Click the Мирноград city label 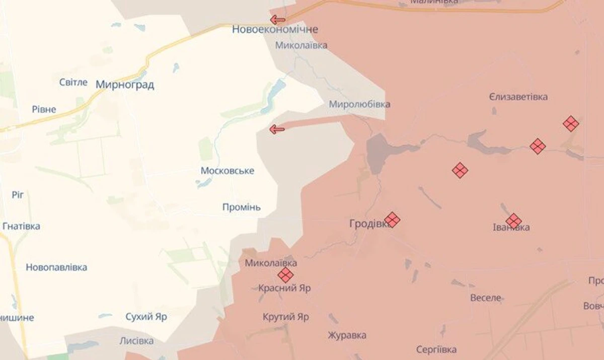click(x=125, y=85)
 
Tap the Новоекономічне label click(x=275, y=30)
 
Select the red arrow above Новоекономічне click(x=277, y=20)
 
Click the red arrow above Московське click(x=277, y=129)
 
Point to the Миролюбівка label click(x=359, y=104)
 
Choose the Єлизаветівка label click(x=518, y=97)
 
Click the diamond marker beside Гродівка click(x=392, y=220)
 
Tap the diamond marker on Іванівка click(x=513, y=221)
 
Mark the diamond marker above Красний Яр click(x=285, y=275)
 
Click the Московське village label click(x=228, y=171)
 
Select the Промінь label click(x=242, y=207)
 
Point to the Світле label click(x=73, y=82)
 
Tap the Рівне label click(x=44, y=109)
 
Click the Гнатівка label click(x=21, y=226)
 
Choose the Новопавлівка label click(x=56, y=267)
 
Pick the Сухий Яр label click(x=146, y=317)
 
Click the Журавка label click(x=347, y=335)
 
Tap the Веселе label click(x=486, y=298)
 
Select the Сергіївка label click(x=436, y=349)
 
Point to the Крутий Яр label click(x=286, y=317)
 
